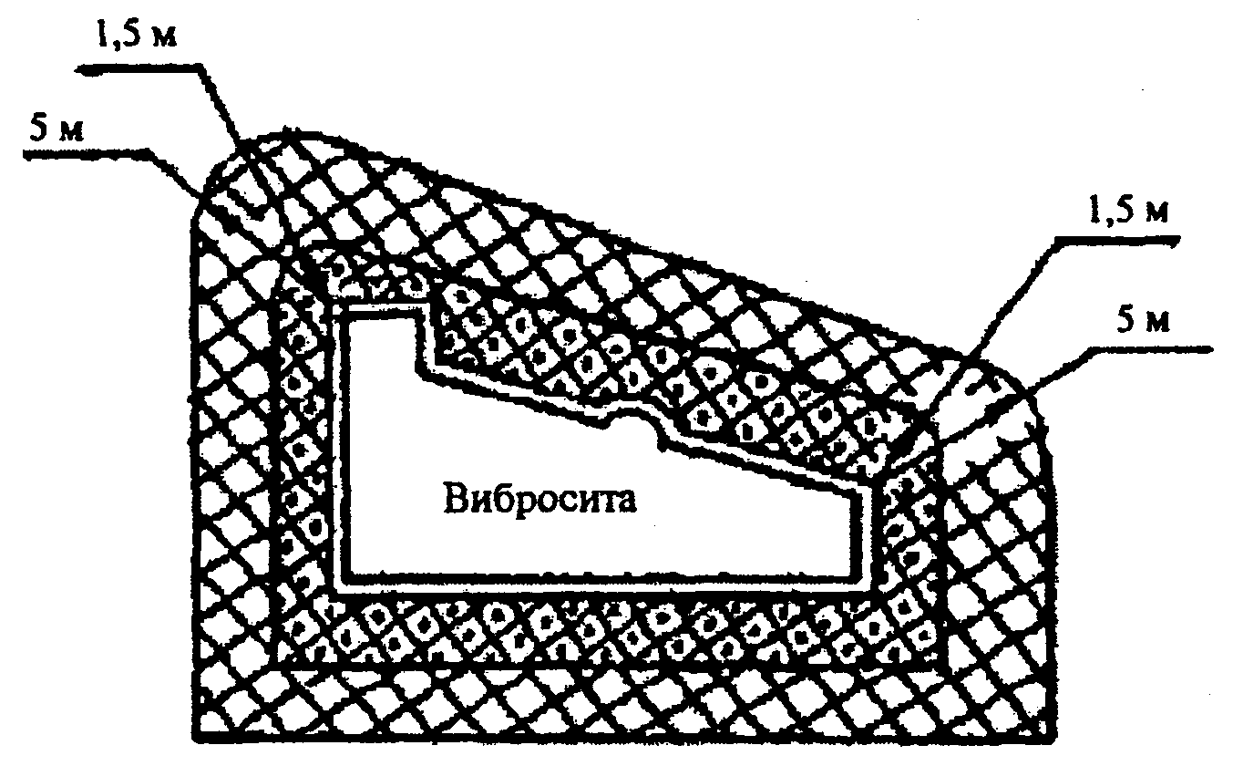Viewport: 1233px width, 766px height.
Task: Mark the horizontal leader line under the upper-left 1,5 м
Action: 137,65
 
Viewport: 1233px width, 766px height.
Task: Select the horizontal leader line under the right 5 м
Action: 1148,347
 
